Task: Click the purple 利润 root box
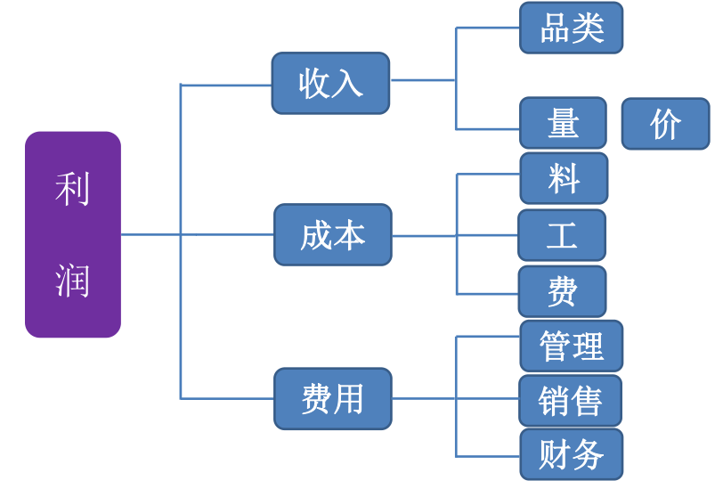pyautogui.click(x=73, y=234)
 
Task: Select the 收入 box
pyautogui.click(x=330, y=83)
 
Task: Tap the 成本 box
pyautogui.click(x=332, y=234)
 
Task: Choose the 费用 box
pyautogui.click(x=332, y=398)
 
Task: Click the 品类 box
pyautogui.click(x=571, y=28)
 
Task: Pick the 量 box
pyautogui.click(x=563, y=123)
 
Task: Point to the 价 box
pyautogui.click(x=665, y=124)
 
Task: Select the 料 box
pyautogui.click(x=564, y=178)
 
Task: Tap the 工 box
pyautogui.click(x=562, y=235)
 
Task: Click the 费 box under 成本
pyautogui.click(x=562, y=291)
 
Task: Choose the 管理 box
pyautogui.click(x=571, y=346)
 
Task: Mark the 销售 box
pyautogui.click(x=570, y=400)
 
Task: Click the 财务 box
pyautogui.click(x=571, y=454)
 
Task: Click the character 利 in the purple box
pyautogui.click(x=72, y=189)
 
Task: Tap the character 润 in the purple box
pyautogui.click(x=72, y=280)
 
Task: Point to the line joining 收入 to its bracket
pyautogui.click(x=423, y=80)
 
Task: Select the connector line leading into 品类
pyautogui.click(x=488, y=28)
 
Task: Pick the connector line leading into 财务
pyautogui.click(x=488, y=455)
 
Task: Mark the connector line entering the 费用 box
pyautogui.click(x=227, y=398)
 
